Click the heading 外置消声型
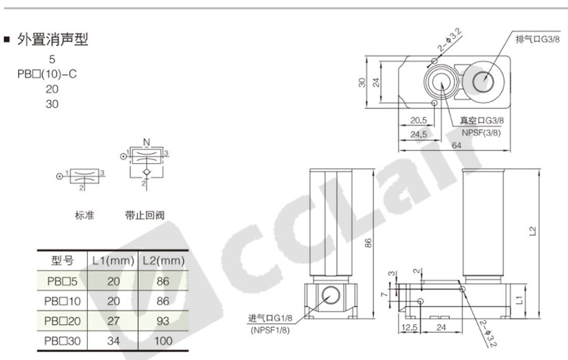52,40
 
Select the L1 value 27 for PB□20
114,321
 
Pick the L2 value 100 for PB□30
163,341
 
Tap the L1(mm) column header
113,261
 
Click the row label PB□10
63,301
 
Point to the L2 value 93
163,321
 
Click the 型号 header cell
63,260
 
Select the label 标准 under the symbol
84,216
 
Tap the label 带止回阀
145,216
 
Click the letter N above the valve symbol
147,142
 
